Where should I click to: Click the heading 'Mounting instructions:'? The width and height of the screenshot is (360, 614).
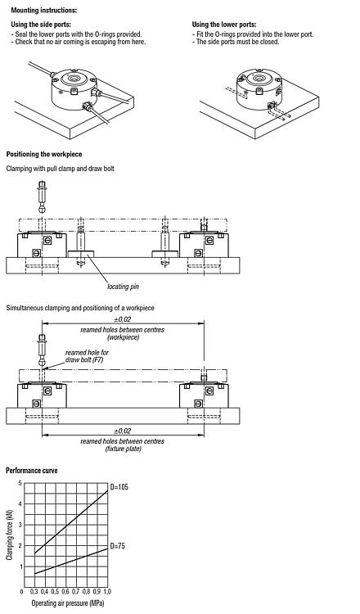[x=44, y=10]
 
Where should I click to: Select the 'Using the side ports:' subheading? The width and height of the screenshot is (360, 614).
[x=41, y=25]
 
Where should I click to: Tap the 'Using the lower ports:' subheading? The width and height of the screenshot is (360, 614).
[x=224, y=25]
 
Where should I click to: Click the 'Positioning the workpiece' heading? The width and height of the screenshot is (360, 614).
[x=44, y=154]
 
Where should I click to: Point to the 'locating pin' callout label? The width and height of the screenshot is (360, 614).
[x=124, y=287]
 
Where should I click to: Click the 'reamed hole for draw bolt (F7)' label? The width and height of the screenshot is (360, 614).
[x=87, y=356]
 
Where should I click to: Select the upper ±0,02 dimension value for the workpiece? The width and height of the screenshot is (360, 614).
[x=123, y=319]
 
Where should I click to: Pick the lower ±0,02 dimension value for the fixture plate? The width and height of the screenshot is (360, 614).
[x=123, y=431]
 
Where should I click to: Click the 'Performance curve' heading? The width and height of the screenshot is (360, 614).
[x=32, y=470]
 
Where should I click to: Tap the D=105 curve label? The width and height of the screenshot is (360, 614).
[x=119, y=487]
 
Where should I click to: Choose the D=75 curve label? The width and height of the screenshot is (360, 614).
[x=117, y=545]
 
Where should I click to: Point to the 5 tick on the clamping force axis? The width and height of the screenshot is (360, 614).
[x=20, y=483]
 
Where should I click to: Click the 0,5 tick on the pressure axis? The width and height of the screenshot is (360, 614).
[x=55, y=591]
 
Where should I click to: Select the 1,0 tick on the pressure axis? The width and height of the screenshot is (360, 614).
[x=107, y=591]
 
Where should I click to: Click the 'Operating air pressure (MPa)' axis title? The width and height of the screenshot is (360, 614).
[x=68, y=603]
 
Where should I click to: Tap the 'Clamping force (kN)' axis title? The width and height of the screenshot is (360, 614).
[x=10, y=535]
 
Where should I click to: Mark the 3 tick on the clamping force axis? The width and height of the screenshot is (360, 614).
[x=20, y=525]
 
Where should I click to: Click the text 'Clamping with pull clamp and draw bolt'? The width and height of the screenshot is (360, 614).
[x=61, y=169]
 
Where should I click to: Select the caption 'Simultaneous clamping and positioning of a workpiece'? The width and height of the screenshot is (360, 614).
[x=80, y=308]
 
